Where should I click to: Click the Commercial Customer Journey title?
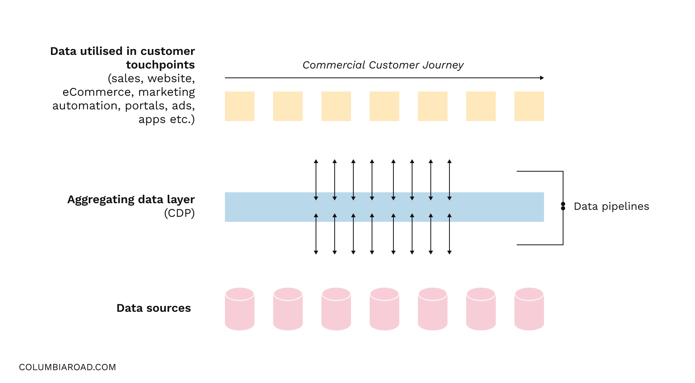point(383,65)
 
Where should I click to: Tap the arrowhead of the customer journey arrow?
point(542,78)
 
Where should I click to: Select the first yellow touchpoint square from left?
point(240,106)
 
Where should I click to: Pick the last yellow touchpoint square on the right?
point(529,106)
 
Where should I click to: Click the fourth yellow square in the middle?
point(384,106)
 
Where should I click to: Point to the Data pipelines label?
point(611,206)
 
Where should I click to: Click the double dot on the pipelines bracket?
point(563,206)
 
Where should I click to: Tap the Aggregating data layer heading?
point(131,199)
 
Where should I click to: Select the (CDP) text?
point(179,213)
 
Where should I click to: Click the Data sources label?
point(154,308)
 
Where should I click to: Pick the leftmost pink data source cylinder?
point(240,309)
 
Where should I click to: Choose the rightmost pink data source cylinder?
point(529,309)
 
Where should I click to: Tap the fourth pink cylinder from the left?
point(384,309)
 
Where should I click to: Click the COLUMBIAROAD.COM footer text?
point(67,367)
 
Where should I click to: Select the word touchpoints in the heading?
point(160,65)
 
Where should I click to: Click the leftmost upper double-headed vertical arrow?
point(316,180)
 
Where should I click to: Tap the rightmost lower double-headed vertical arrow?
point(449,234)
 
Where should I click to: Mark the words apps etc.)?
point(167,119)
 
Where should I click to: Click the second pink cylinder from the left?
point(288,309)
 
